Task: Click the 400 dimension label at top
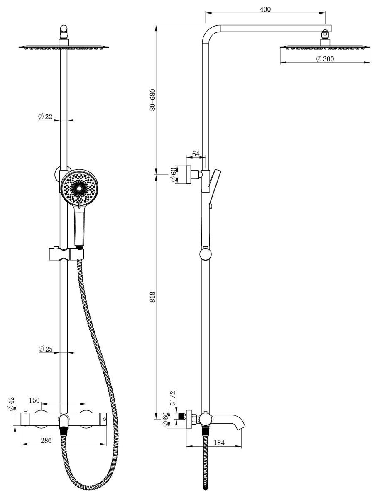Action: (265, 9)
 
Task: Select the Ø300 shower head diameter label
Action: (325, 59)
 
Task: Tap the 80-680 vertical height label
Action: (152, 100)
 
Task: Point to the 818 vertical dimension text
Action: (152, 297)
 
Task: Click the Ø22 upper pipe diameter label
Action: (45, 117)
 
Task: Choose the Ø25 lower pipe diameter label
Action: (45, 349)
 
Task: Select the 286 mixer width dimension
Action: (46, 440)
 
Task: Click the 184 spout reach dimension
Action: (219, 442)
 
